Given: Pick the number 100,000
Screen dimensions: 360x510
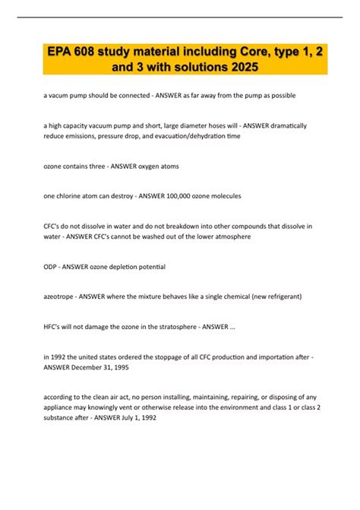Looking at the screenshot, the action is pyautogui.click(x=176, y=195).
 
